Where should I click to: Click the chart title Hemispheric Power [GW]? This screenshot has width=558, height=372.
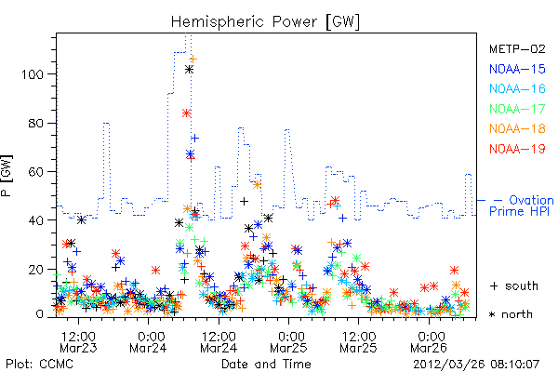265,22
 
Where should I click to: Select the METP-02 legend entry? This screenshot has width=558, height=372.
517,48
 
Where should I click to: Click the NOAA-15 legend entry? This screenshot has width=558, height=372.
517,69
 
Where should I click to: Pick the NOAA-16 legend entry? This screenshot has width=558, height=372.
517,88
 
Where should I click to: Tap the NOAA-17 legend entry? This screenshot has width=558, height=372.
517,109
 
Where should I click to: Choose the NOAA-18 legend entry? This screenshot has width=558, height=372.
517,128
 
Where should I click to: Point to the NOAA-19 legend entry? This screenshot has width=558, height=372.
517,149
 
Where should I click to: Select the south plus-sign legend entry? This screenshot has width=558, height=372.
514,286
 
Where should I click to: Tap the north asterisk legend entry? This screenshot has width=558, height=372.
511,314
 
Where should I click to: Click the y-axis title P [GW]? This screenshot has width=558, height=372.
7,176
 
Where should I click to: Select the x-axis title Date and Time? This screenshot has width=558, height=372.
266,365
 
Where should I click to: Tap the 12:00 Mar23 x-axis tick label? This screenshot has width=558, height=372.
78,342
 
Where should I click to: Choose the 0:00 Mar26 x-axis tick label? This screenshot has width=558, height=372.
429,342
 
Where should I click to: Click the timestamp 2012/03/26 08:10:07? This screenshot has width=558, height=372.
476,365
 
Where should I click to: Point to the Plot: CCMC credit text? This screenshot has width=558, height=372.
39,365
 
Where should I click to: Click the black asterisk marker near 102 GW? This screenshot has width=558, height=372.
190,70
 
